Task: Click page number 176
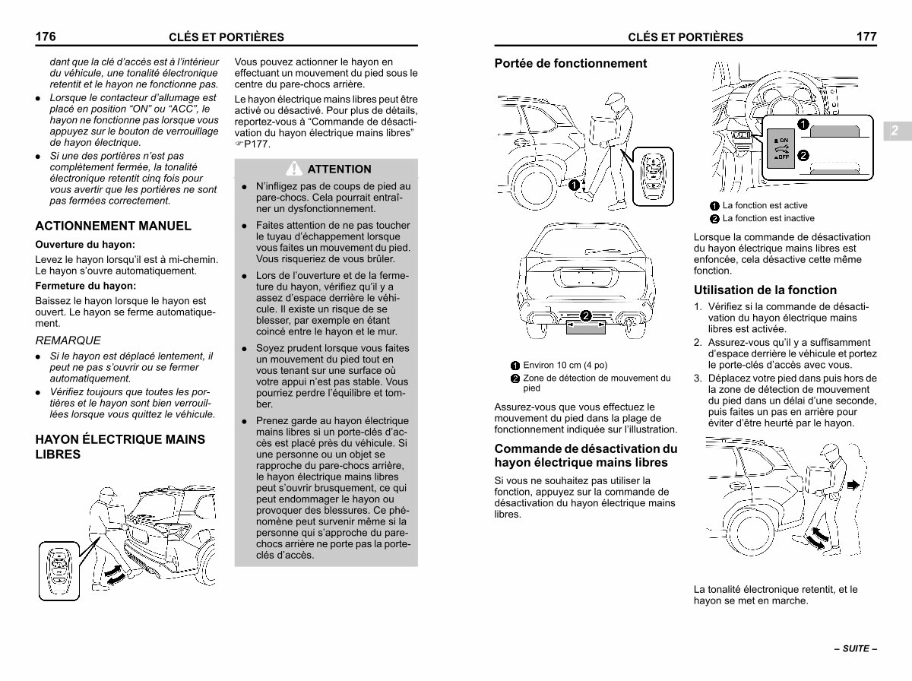point(46,36)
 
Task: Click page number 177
point(866,36)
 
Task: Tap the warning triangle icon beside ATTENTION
point(294,168)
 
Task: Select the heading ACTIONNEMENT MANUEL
point(113,226)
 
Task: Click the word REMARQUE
point(68,340)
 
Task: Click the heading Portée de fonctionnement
point(571,63)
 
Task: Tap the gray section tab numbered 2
point(897,131)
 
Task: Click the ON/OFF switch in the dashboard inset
point(781,148)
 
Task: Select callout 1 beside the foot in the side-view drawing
point(574,185)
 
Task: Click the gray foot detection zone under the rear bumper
point(586,327)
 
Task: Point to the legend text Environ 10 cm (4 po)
point(565,366)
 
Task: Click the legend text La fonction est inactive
point(768,218)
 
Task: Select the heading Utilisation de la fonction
point(765,290)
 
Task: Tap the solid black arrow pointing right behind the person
point(853,485)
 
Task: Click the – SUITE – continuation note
point(856,648)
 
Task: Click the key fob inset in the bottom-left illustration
point(59,571)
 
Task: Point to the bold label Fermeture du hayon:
point(86,286)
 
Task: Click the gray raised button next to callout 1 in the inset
point(834,131)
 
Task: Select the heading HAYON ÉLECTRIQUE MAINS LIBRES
point(120,447)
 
